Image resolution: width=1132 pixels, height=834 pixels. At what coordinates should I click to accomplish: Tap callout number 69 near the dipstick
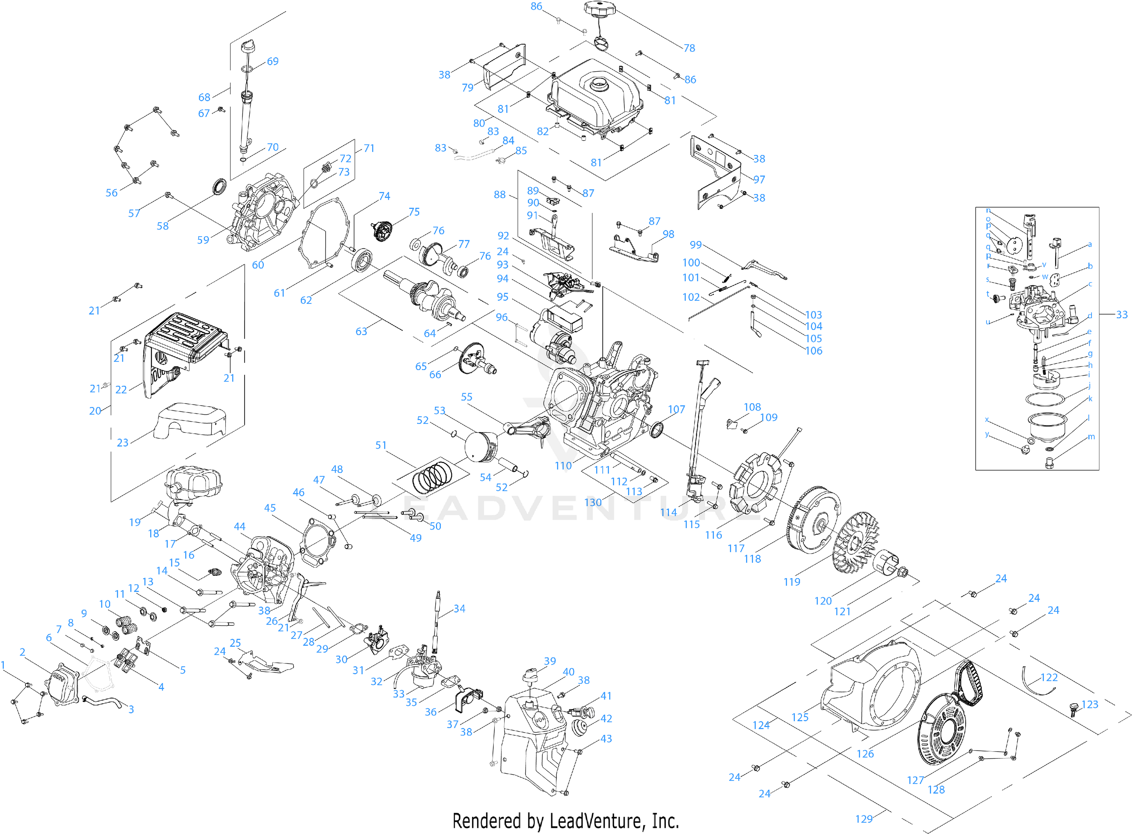(273, 62)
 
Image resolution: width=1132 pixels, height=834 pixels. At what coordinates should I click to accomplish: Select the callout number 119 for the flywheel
(792, 582)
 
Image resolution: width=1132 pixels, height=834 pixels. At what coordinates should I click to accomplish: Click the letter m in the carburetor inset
(1091, 437)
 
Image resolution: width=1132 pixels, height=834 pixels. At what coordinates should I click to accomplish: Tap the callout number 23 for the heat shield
(123, 443)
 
